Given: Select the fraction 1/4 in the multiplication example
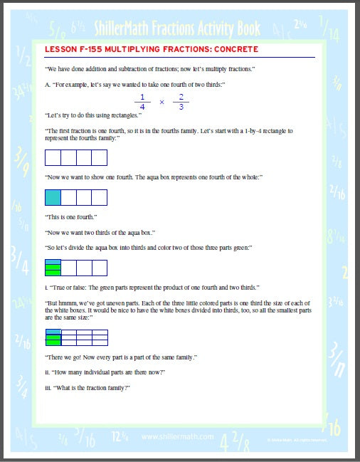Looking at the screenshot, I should pyautogui.click(x=142, y=102).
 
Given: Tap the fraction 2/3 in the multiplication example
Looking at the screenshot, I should pyautogui.click(x=181, y=102).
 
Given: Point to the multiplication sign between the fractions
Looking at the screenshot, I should pyautogui.click(x=162, y=102).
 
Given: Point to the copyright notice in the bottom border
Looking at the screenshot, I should pyautogui.click(x=292, y=439).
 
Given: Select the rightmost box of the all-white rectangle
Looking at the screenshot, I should pyautogui.click(x=99, y=157).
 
